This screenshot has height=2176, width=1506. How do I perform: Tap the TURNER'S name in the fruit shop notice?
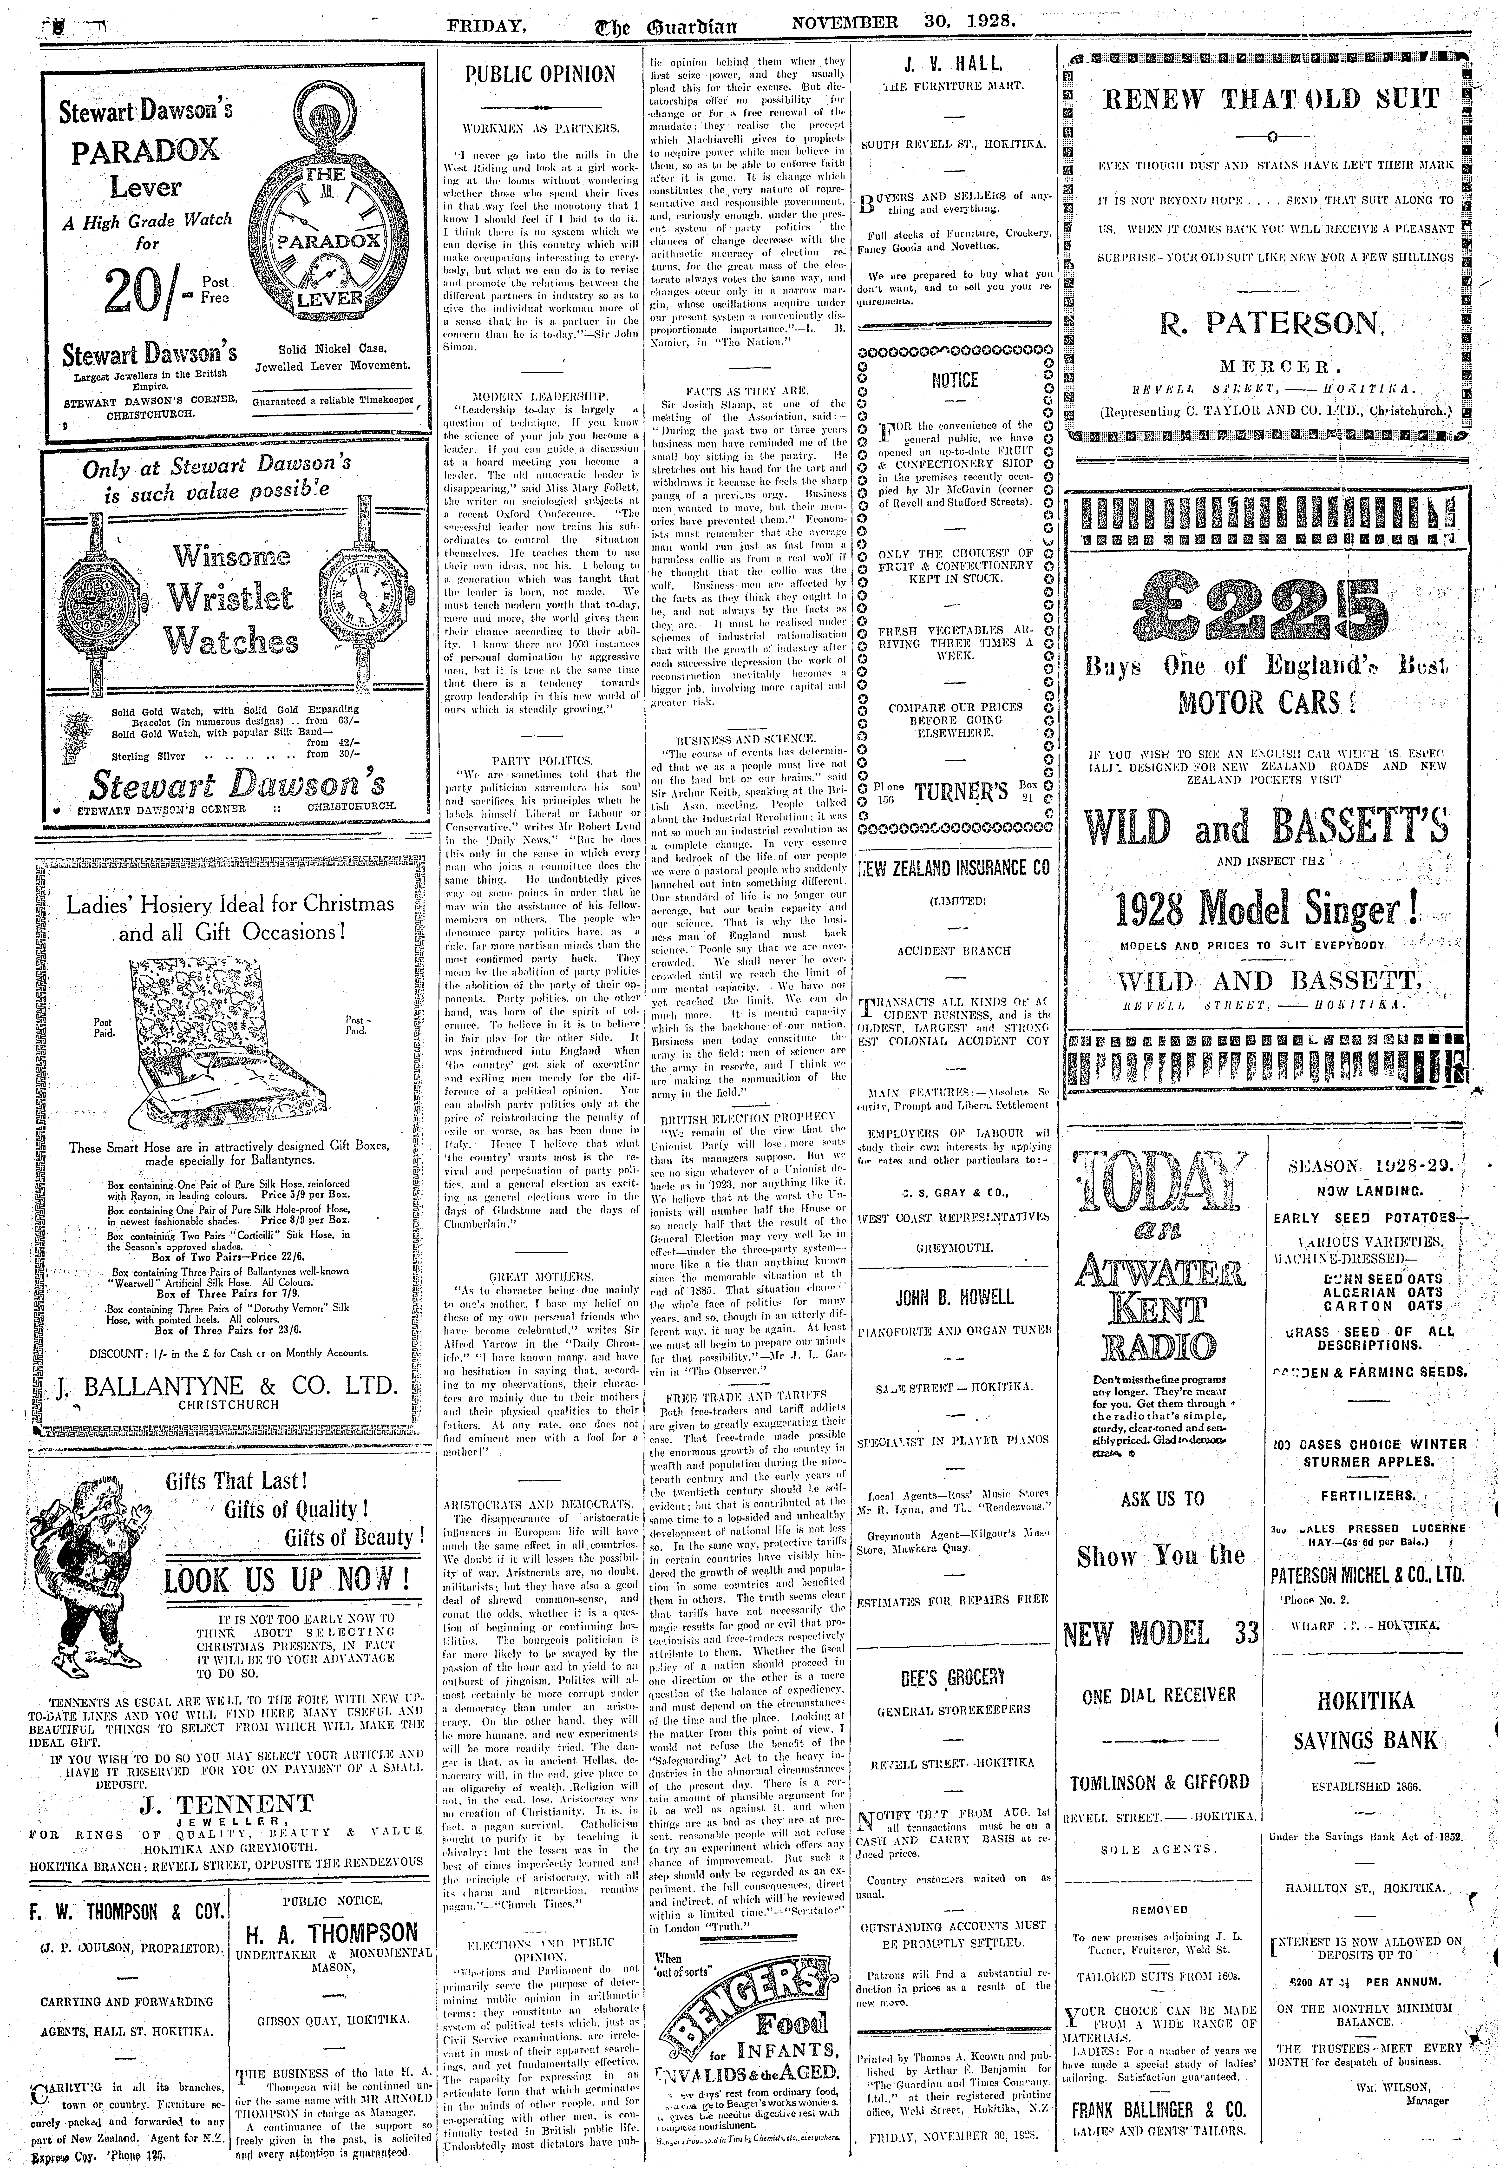(x=954, y=793)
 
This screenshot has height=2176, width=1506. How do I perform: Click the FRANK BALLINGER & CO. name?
(x=1159, y=2129)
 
